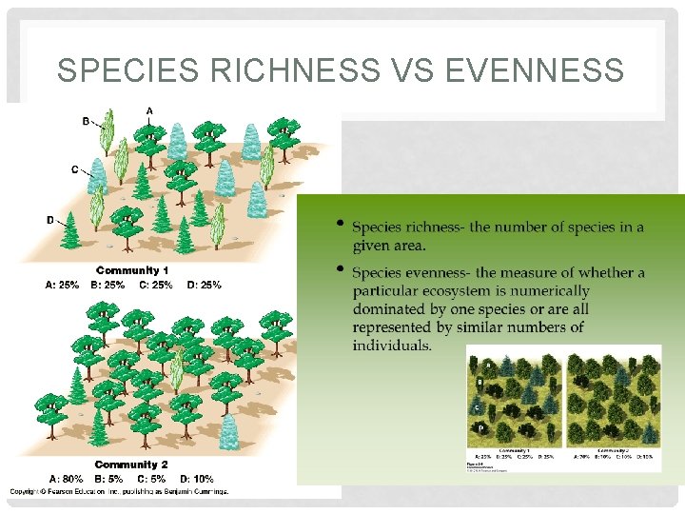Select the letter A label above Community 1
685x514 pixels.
point(149,110)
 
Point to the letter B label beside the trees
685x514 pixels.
point(86,121)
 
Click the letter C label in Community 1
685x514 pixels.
point(75,169)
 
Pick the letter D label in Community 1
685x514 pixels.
point(50,220)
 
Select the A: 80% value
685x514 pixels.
point(67,479)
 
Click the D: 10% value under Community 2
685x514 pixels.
point(195,479)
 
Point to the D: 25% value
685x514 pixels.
point(205,284)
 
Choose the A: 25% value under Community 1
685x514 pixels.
point(63,284)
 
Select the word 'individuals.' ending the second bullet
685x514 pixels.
point(392,345)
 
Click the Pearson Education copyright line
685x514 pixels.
point(119,491)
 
